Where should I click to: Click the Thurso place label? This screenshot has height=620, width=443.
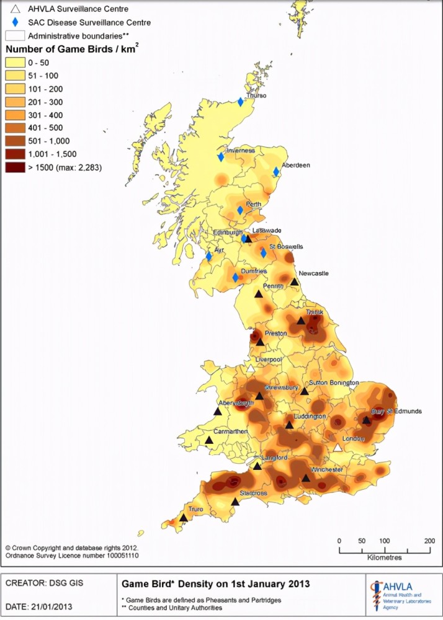tap(256, 96)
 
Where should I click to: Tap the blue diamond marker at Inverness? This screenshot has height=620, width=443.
tap(220, 157)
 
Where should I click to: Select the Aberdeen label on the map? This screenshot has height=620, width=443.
tap(296, 166)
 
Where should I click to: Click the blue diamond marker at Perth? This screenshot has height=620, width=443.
tap(240, 210)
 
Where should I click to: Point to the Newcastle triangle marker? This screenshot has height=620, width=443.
tap(294, 281)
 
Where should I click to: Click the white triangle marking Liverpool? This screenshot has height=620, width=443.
tap(251, 368)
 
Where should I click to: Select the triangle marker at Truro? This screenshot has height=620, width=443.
tap(184, 518)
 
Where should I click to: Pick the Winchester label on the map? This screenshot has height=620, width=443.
tap(327, 469)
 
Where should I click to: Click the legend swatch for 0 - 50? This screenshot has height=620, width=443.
tap(15, 62)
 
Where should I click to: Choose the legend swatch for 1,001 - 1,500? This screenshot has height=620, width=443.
tap(15, 154)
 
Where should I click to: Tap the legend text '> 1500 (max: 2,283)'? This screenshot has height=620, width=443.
tap(64, 167)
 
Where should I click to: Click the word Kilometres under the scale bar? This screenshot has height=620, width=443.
tap(385, 557)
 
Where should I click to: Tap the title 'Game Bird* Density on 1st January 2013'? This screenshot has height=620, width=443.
tap(215, 584)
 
